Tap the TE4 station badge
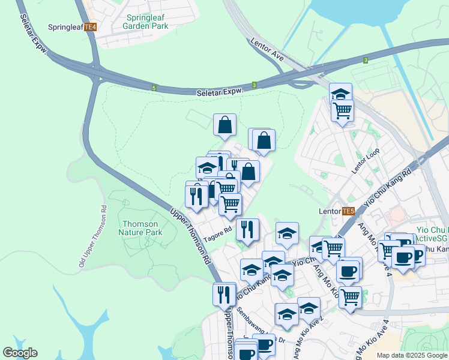[91, 28]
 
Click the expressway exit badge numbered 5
[154, 88]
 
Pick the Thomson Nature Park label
[140, 228]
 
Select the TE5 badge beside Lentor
[348, 211]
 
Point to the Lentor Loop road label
[363, 161]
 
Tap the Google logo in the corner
[20, 353]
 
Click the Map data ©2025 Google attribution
[411, 355]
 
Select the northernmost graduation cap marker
[340, 94]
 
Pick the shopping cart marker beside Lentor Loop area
[342, 110]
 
